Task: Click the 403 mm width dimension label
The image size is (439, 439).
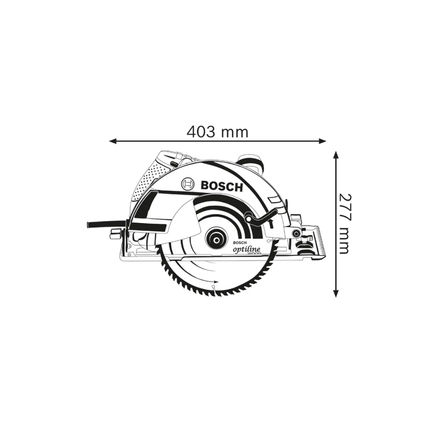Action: (218, 132)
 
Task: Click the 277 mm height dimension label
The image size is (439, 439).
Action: (344, 223)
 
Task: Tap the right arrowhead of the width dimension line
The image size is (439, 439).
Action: (323, 141)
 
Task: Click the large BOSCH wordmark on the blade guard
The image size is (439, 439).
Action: (222, 186)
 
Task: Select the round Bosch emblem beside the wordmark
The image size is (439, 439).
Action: (188, 184)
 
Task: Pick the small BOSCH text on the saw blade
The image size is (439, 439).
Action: (240, 243)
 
